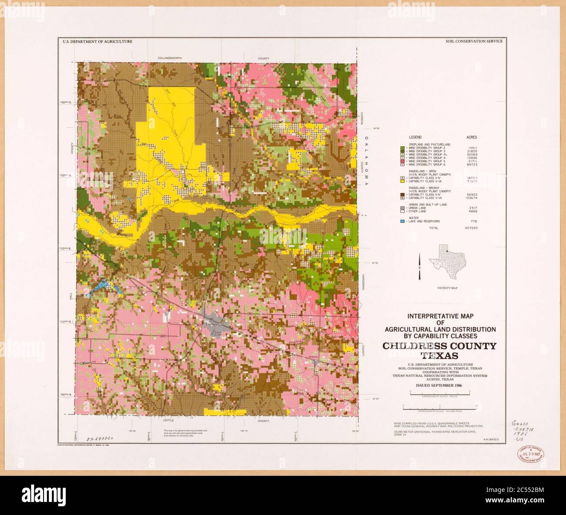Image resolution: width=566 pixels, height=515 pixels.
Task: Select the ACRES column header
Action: (471, 137)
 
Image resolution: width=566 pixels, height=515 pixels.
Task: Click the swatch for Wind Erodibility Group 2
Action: (403, 148)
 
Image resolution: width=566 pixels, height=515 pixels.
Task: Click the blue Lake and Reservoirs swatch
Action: (403, 222)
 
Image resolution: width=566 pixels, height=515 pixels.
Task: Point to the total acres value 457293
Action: (471, 228)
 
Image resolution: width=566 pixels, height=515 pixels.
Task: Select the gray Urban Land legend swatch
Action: (403, 208)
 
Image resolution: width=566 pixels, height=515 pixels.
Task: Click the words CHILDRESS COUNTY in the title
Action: (439, 347)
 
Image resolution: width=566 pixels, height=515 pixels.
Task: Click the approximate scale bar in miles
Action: (440, 394)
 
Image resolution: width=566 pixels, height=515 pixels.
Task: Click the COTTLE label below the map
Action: (168, 421)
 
